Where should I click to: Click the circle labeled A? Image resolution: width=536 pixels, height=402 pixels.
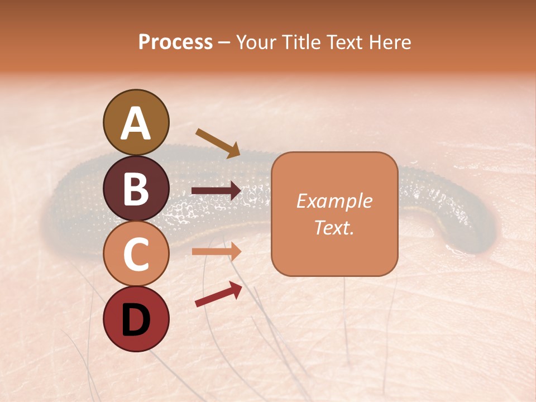(x=136, y=122)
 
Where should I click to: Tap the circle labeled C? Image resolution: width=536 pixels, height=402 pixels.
(x=136, y=253)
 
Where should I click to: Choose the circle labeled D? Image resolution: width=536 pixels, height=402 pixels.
(x=136, y=319)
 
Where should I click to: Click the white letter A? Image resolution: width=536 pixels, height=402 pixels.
(x=136, y=123)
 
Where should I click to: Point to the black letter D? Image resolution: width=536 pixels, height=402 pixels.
(x=136, y=320)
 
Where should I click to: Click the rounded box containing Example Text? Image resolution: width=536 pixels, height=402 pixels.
(x=334, y=214)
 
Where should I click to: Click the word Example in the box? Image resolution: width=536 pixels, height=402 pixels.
(x=334, y=201)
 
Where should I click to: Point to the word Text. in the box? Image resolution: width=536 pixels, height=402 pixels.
(x=334, y=227)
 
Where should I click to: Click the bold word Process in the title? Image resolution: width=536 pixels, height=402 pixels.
(x=175, y=42)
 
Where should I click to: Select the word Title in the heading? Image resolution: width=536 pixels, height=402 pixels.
(x=299, y=42)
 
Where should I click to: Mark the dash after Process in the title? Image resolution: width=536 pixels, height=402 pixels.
(x=224, y=42)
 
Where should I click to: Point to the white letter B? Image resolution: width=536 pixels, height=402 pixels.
(x=136, y=189)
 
